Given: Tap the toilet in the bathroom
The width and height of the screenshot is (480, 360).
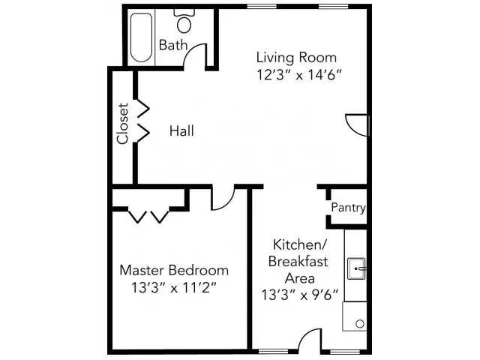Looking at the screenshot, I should coord(183,23).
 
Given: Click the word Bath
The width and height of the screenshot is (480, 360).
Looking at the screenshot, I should coord(173,45).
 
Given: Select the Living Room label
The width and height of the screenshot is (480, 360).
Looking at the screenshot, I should coord(296,57).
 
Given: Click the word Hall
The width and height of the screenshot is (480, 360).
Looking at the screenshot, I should coord(181,131).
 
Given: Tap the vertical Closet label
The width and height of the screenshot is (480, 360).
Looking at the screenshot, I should coord(123,124).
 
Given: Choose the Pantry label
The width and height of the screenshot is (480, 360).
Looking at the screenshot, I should coord(348,208).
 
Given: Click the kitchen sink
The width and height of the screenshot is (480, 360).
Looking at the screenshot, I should coord(356,265).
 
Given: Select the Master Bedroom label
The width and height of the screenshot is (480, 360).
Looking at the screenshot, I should coord(174,270).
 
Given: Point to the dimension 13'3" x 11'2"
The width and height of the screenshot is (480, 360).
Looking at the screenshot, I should coord(174,286).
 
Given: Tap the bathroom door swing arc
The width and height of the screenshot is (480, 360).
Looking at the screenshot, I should coord(196,55).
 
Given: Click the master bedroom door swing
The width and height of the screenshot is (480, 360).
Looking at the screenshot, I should coord(223,199).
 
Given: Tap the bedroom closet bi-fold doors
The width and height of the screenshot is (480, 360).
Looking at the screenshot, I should coord(148,216).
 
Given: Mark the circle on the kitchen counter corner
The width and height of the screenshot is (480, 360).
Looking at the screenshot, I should coord(359,324).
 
